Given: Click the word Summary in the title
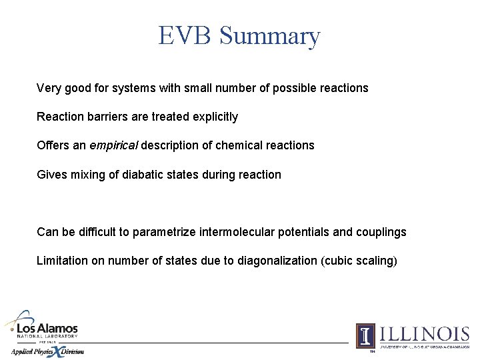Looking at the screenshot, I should (x=269, y=36).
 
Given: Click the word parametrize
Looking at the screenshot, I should (x=164, y=232).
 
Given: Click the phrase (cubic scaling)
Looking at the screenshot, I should (x=359, y=261).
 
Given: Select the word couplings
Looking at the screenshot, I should (x=381, y=232).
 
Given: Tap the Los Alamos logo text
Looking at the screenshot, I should (x=47, y=329).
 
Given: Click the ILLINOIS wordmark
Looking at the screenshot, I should (x=423, y=333).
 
